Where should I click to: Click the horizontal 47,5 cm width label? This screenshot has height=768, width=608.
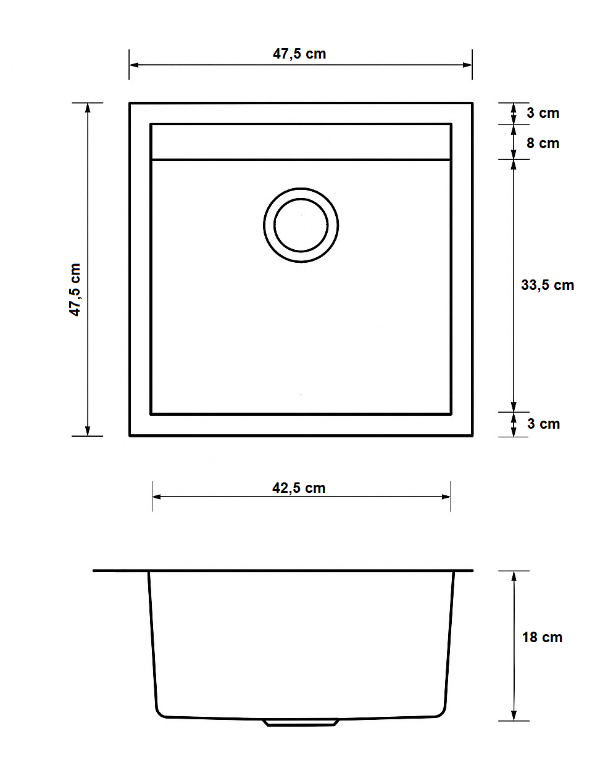[x=299, y=54]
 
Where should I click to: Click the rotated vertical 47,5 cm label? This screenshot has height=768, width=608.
[x=75, y=290]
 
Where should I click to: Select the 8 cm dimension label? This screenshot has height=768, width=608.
[x=543, y=143]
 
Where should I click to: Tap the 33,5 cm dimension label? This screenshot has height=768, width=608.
[x=548, y=285]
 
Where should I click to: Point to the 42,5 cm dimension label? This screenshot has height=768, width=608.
[x=299, y=488]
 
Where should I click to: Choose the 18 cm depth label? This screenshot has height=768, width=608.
[x=542, y=637]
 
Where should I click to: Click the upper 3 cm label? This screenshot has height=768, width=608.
[x=543, y=113]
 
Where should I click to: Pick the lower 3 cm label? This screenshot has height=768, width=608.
[x=543, y=424]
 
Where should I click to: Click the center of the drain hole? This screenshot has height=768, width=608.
[x=301, y=225]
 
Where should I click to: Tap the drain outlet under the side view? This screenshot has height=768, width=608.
[x=301, y=722]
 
